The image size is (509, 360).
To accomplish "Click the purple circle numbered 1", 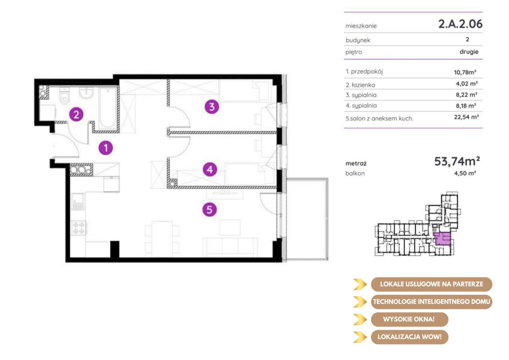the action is pos(106,148).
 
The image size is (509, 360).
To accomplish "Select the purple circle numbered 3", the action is pos(212,107).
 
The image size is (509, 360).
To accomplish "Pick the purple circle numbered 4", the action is pos(210,170).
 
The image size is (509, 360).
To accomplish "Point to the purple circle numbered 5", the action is pos(210,209).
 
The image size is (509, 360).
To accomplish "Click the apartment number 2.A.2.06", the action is pos(460,24).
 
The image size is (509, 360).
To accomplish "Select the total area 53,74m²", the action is pos(457,161).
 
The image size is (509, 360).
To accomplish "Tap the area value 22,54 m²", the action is pos(466,117).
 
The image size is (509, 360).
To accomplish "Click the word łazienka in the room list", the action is pos(364,85).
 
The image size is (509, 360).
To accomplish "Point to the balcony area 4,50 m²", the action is pos(465,173).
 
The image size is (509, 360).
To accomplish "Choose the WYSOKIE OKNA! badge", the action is pos(409,319).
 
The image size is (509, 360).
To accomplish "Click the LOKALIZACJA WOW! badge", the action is pos(409,337).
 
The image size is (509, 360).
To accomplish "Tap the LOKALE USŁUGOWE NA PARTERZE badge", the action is pos(431,284).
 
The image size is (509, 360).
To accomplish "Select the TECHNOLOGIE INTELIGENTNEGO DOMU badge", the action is pos(431,301).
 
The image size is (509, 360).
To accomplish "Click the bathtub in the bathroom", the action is pos(108,108).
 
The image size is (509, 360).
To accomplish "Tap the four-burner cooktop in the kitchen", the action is pos(78,228).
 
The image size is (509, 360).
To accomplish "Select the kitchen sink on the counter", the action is pos(78,201).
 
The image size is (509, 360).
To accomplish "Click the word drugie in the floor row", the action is pos(469,52).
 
